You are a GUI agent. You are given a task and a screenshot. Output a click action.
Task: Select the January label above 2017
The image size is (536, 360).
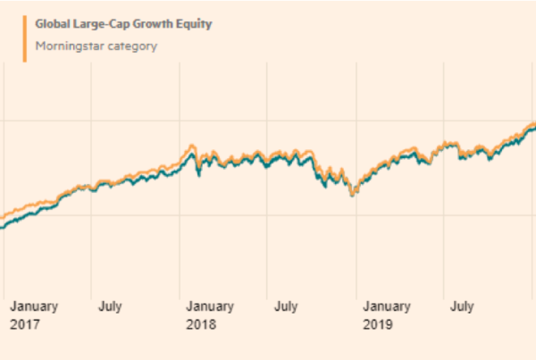(x=34, y=306)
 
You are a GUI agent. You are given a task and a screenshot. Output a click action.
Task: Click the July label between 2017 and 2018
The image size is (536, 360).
(x=110, y=306)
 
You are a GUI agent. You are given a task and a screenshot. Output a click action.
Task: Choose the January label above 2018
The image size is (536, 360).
(x=211, y=306)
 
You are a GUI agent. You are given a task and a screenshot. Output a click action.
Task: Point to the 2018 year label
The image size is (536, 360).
(x=201, y=323)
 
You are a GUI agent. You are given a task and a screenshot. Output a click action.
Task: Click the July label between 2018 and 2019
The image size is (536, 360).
(x=286, y=306)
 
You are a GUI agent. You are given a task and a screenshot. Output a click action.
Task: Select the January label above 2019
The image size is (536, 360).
(x=388, y=306)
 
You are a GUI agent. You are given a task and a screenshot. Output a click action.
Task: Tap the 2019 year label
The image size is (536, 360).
(x=378, y=323)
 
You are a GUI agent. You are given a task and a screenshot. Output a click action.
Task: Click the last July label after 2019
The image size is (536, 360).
(x=462, y=306)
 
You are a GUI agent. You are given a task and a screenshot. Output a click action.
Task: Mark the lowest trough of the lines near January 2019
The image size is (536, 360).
(x=352, y=194)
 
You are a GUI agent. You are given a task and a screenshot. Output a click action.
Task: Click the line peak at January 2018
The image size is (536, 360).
(x=190, y=148)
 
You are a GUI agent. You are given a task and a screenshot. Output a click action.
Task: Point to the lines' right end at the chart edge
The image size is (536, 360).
(x=533, y=126)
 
